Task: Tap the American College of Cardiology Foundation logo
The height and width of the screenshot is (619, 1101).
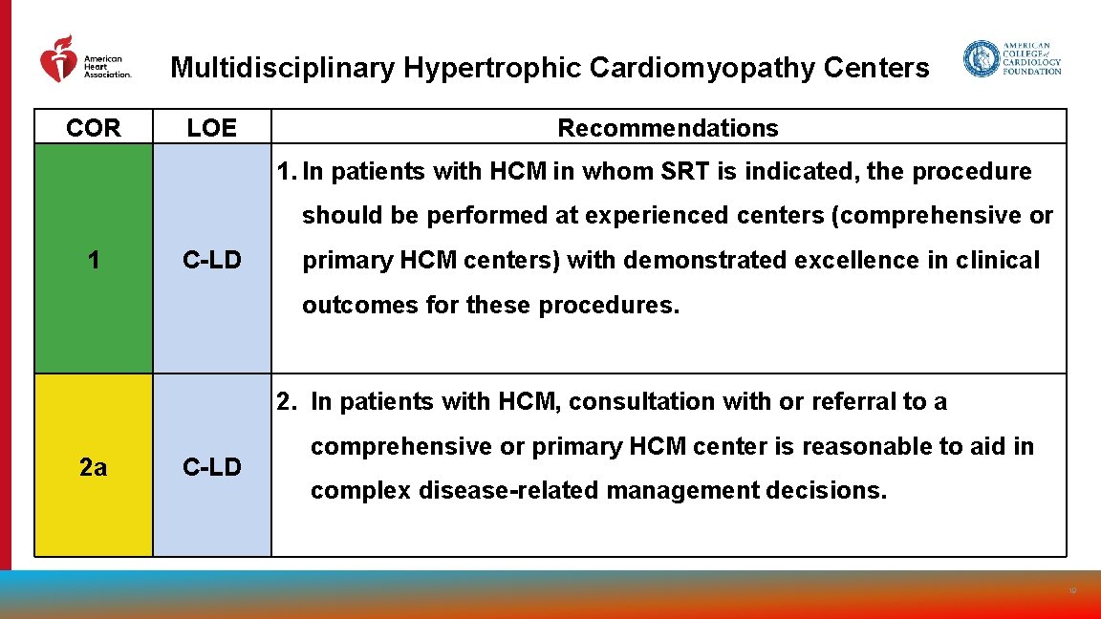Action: pyautogui.click(x=1012, y=58)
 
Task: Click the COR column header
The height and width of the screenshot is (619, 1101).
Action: pyautogui.click(x=94, y=128)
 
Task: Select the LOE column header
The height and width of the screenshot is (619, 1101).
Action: pyautogui.click(x=211, y=128)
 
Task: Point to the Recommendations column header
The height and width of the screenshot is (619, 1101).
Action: pyautogui.click(x=668, y=128)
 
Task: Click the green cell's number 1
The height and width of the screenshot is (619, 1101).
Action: pyautogui.click(x=94, y=260)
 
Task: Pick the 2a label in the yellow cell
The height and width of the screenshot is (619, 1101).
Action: pyautogui.click(x=94, y=467)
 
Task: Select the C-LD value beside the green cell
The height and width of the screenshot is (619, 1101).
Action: pyautogui.click(x=212, y=260)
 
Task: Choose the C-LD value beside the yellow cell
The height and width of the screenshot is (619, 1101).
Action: pyautogui.click(x=212, y=467)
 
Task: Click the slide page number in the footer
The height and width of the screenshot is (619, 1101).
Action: pyautogui.click(x=1073, y=591)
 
